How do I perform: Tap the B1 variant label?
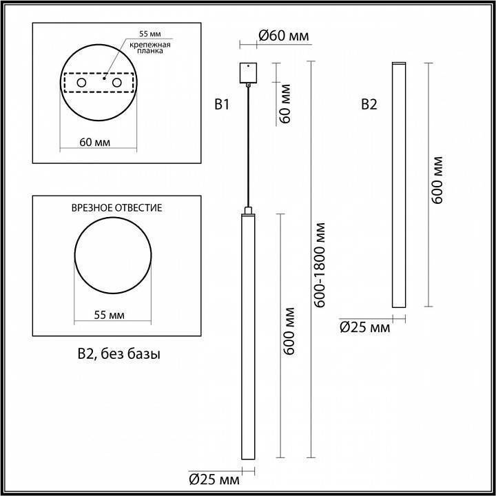[221, 105]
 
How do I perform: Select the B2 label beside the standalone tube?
[369, 105]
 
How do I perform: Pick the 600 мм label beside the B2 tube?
[436, 180]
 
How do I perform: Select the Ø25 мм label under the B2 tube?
[364, 327]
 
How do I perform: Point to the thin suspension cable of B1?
[247, 145]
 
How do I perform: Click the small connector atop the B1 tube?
[247, 209]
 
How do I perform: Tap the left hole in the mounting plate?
[81, 83]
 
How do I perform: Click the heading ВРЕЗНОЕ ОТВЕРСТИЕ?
[117, 207]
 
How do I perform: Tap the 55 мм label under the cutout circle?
[109, 315]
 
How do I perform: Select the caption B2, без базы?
[118, 355]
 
